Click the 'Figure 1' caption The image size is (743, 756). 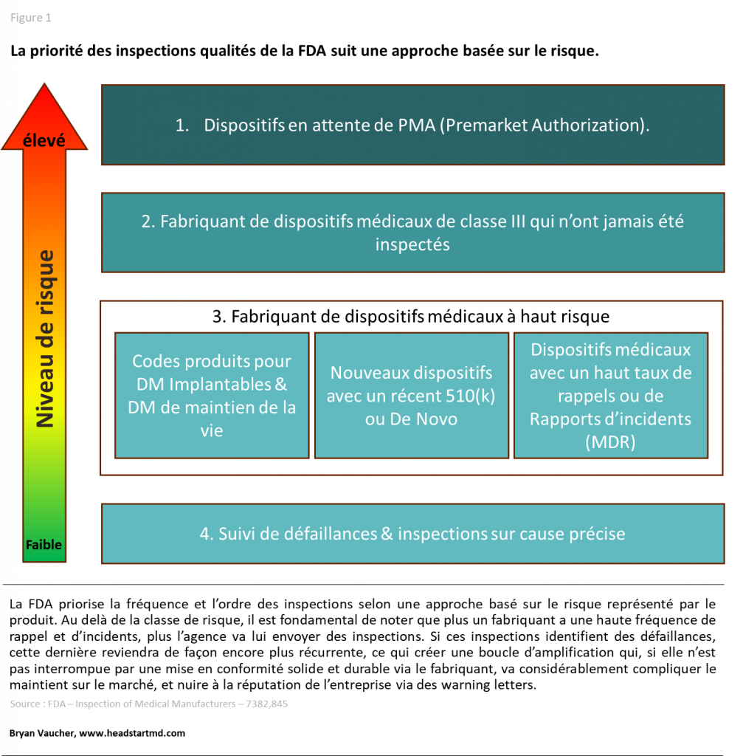pyautogui.click(x=30, y=18)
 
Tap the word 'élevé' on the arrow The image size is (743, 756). pyautogui.click(x=44, y=140)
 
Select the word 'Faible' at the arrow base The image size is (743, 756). pyautogui.click(x=44, y=545)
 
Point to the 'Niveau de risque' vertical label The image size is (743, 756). pyautogui.click(x=46, y=339)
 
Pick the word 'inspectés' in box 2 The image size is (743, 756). pyautogui.click(x=412, y=244)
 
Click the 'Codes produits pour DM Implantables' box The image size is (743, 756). pyautogui.click(x=212, y=395)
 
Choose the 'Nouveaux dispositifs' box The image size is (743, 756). pyautogui.click(x=411, y=395)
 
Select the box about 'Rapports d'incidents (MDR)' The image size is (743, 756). pyautogui.click(x=610, y=395)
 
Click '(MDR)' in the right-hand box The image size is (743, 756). pyautogui.click(x=610, y=442)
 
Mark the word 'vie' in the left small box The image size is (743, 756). pyautogui.click(x=212, y=430)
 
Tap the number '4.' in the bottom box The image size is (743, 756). pyautogui.click(x=207, y=534)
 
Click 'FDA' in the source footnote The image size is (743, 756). pyautogui.click(x=56, y=704)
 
